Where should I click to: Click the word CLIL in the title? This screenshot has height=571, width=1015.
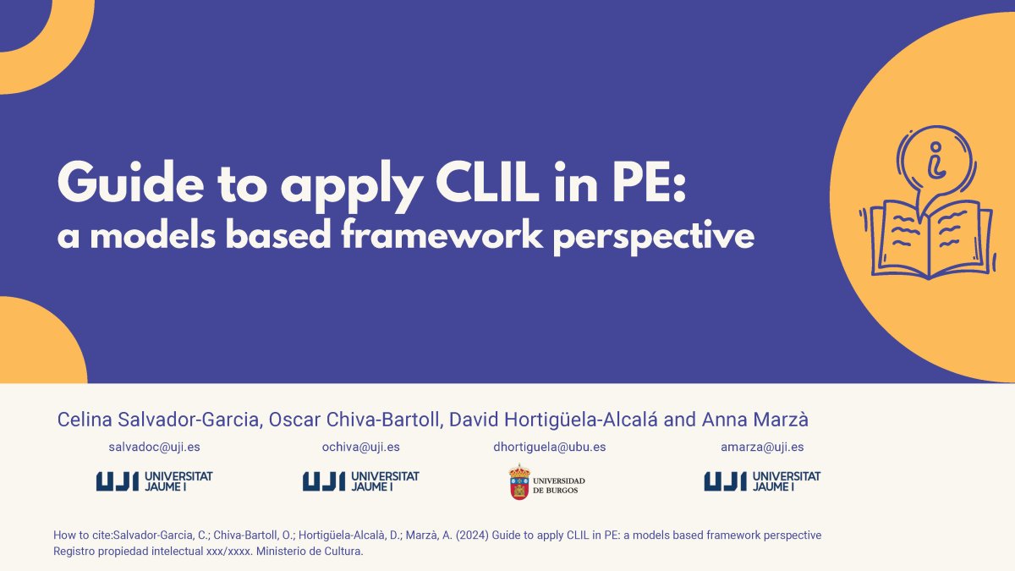point(488,182)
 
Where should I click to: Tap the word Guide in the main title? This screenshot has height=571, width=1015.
point(131,182)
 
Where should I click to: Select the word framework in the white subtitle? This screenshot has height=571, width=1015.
point(442,235)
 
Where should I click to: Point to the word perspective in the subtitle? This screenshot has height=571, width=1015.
point(654,238)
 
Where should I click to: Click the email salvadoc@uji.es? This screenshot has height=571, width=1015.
point(154,447)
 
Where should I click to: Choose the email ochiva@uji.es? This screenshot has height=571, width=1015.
point(360,447)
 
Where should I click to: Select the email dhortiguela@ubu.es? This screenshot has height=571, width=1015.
point(549,447)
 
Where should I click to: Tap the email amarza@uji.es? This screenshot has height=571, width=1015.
point(762,447)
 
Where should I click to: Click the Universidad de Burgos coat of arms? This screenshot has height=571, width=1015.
point(519,481)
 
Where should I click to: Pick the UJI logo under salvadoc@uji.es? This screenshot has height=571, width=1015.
point(154,481)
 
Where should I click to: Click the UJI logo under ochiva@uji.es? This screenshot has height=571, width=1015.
point(360,481)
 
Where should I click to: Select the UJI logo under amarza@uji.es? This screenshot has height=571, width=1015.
point(762,481)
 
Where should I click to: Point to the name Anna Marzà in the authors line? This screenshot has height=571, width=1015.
point(754,420)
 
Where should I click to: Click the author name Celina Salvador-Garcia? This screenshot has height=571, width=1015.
point(158,420)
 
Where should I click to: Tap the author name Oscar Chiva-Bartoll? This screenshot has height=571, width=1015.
point(354,420)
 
